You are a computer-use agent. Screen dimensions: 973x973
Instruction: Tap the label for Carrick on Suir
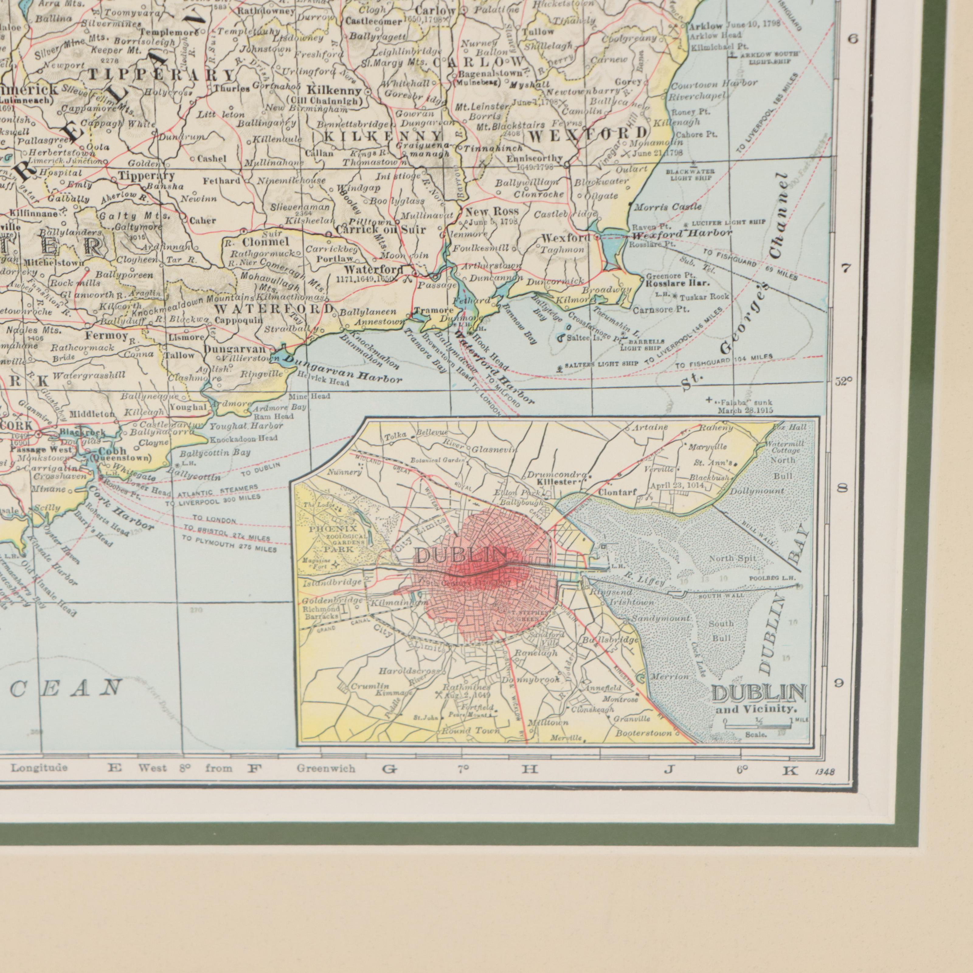[x=381, y=230]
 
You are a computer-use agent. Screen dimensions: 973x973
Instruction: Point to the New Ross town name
[x=485, y=212]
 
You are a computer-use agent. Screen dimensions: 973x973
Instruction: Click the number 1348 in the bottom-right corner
[x=824, y=770]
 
